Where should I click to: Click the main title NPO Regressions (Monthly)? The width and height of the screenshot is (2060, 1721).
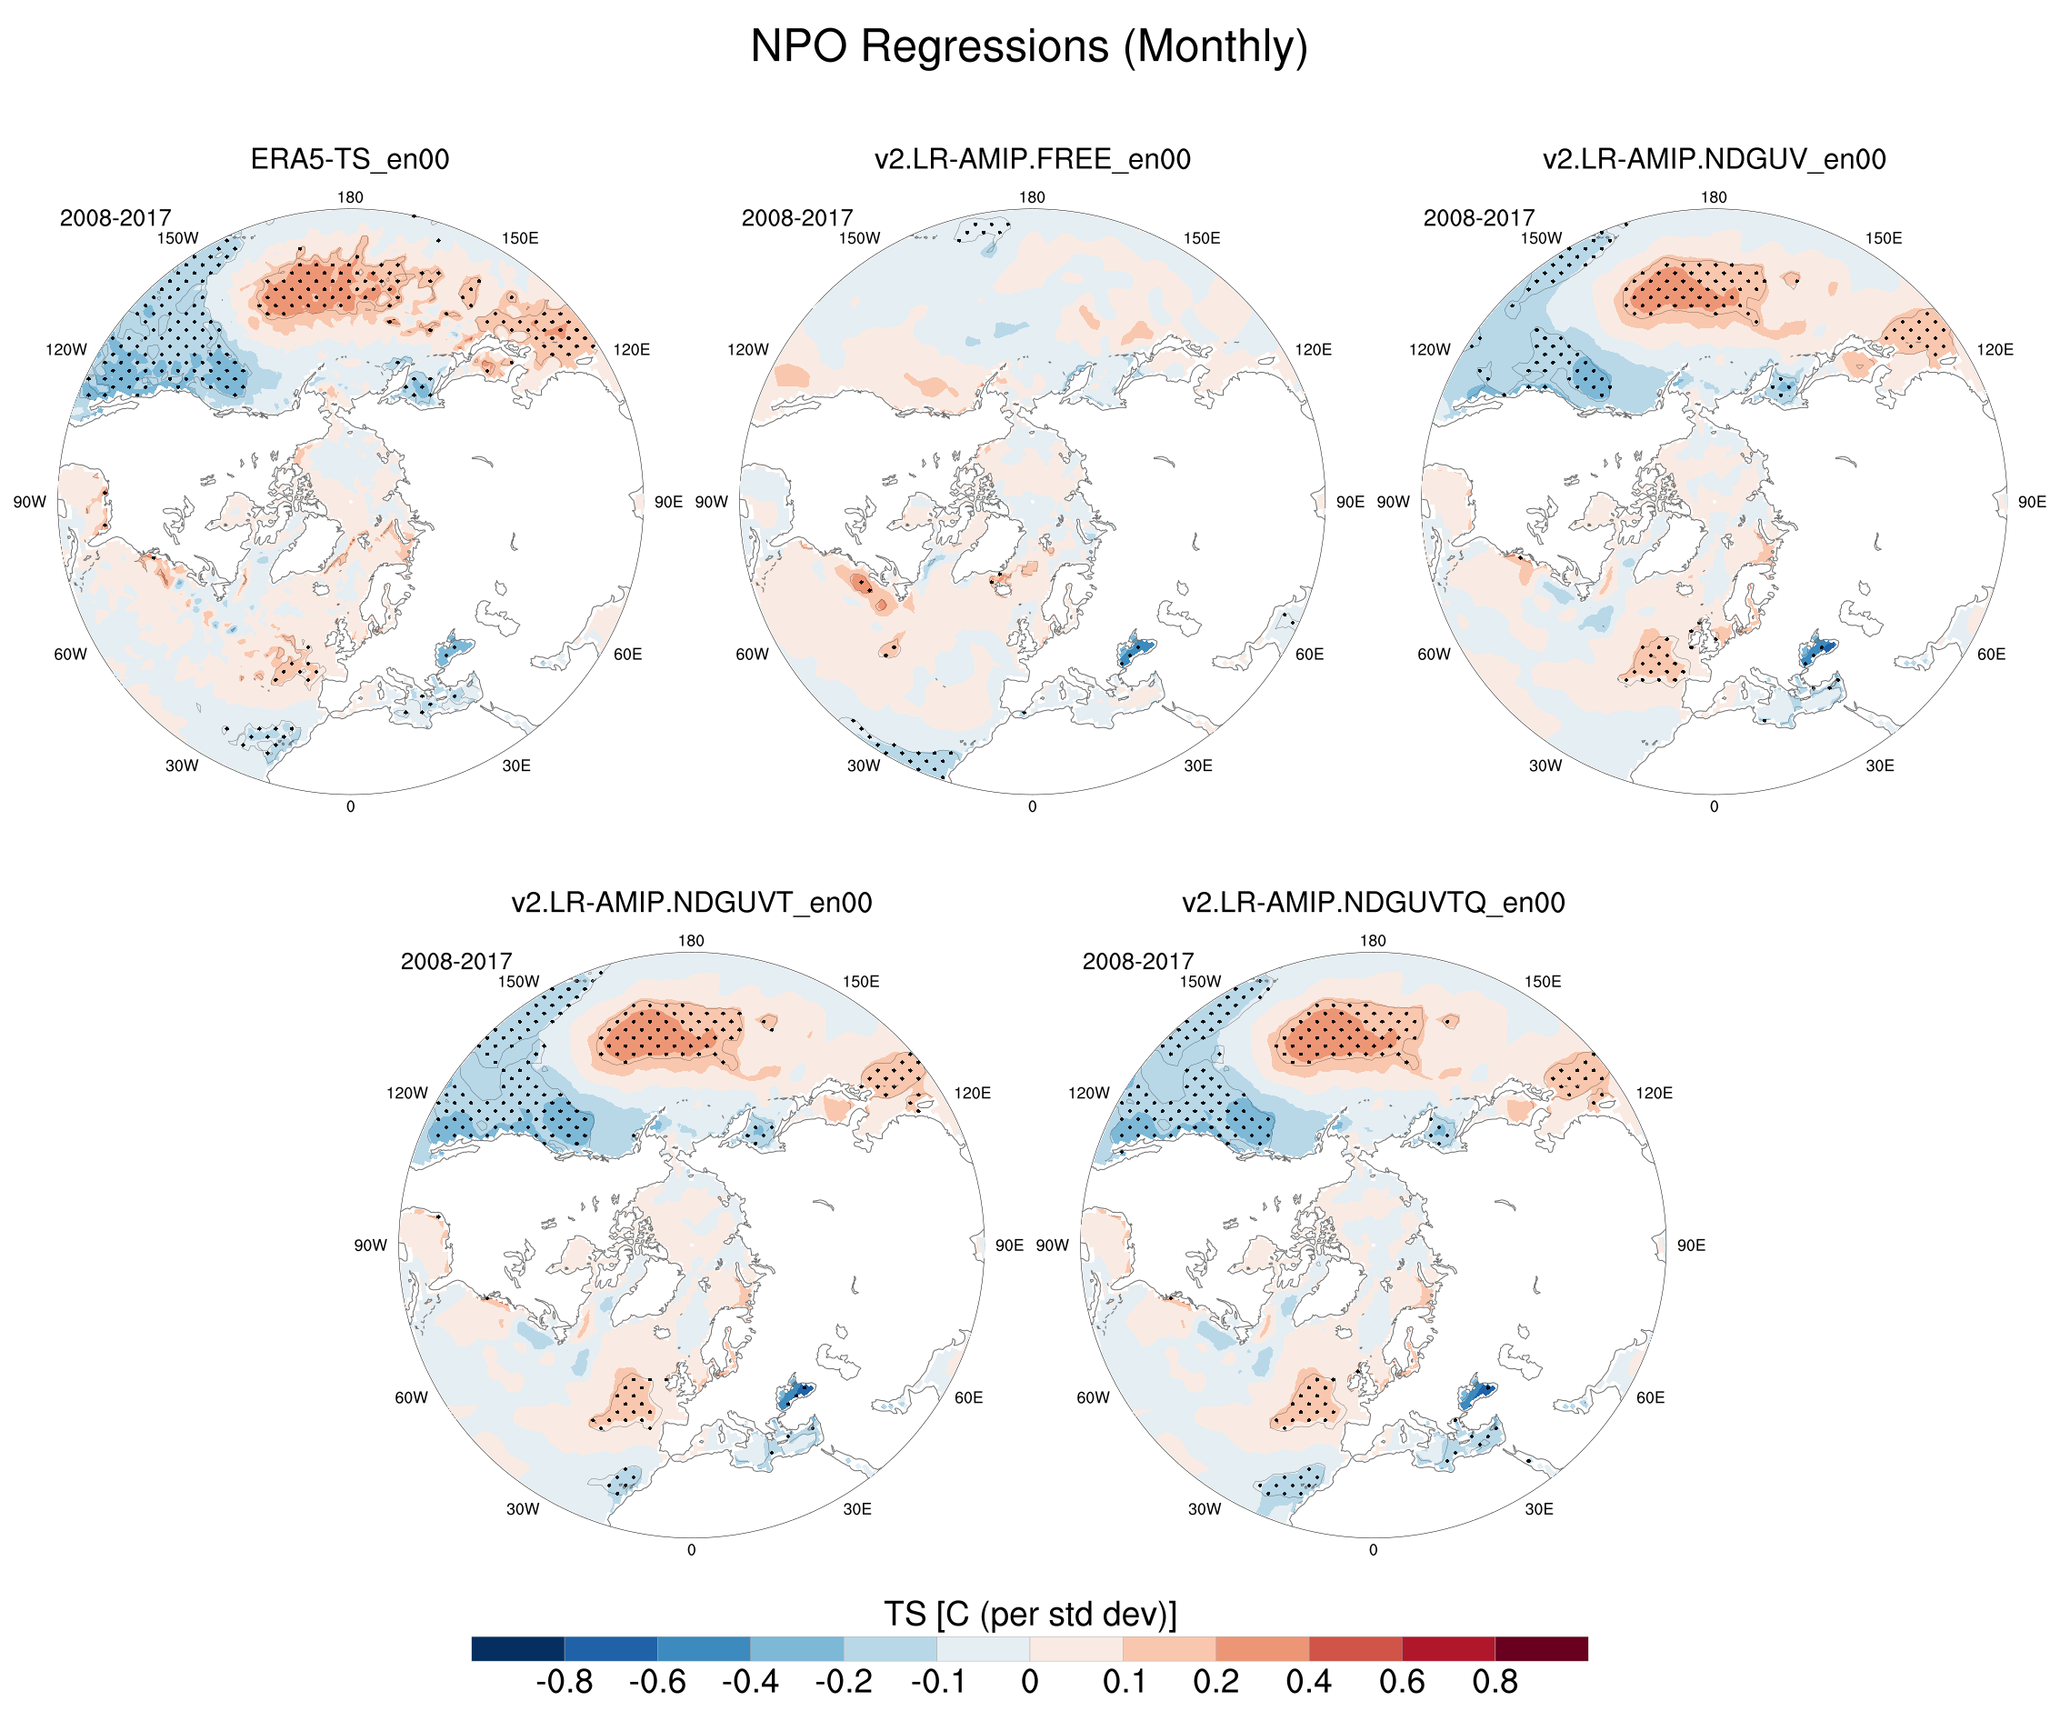tap(1029, 46)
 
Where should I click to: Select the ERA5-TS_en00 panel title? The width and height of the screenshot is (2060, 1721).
tap(349, 159)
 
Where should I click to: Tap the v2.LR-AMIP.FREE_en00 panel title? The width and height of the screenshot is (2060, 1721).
tap(1032, 159)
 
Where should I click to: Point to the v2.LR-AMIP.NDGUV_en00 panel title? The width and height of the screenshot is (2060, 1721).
tap(1714, 159)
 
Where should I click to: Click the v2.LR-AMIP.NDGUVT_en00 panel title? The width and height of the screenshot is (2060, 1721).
tap(691, 902)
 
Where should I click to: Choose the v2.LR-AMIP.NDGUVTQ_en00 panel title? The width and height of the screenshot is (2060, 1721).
tap(1373, 902)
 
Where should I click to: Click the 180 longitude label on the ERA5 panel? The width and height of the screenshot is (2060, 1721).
tap(350, 197)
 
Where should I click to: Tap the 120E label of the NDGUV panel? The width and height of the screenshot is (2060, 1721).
tap(1995, 349)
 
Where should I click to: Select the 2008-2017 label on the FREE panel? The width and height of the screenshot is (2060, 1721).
tap(796, 218)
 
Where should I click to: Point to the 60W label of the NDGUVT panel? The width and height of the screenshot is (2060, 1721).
tap(411, 1397)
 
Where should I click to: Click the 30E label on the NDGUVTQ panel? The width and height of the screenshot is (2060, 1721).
tap(1538, 1509)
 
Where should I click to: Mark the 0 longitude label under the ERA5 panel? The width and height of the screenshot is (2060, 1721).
tap(350, 806)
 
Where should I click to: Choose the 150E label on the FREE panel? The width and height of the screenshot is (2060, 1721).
tap(1202, 238)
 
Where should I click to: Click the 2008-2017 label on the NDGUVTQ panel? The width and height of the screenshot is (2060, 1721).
tap(1138, 961)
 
